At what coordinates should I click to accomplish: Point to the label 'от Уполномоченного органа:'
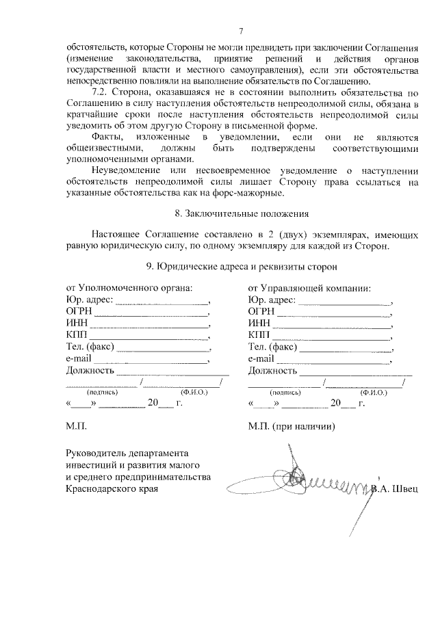129,288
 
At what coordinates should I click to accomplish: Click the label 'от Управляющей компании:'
309,288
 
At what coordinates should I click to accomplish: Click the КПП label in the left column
77,335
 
